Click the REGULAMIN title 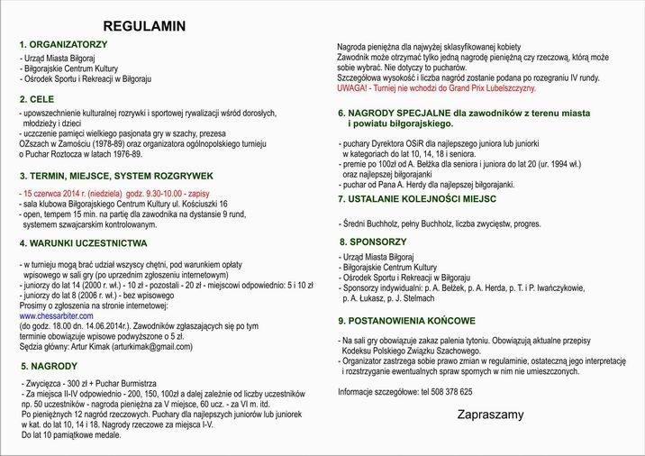coord(144,26)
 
